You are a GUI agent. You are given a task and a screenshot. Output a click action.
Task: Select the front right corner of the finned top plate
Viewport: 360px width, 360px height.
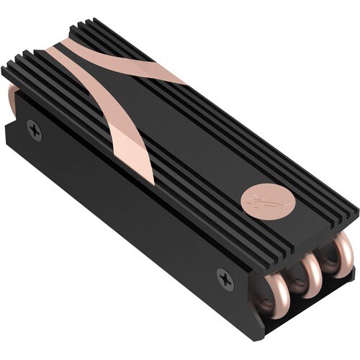(357, 210)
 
